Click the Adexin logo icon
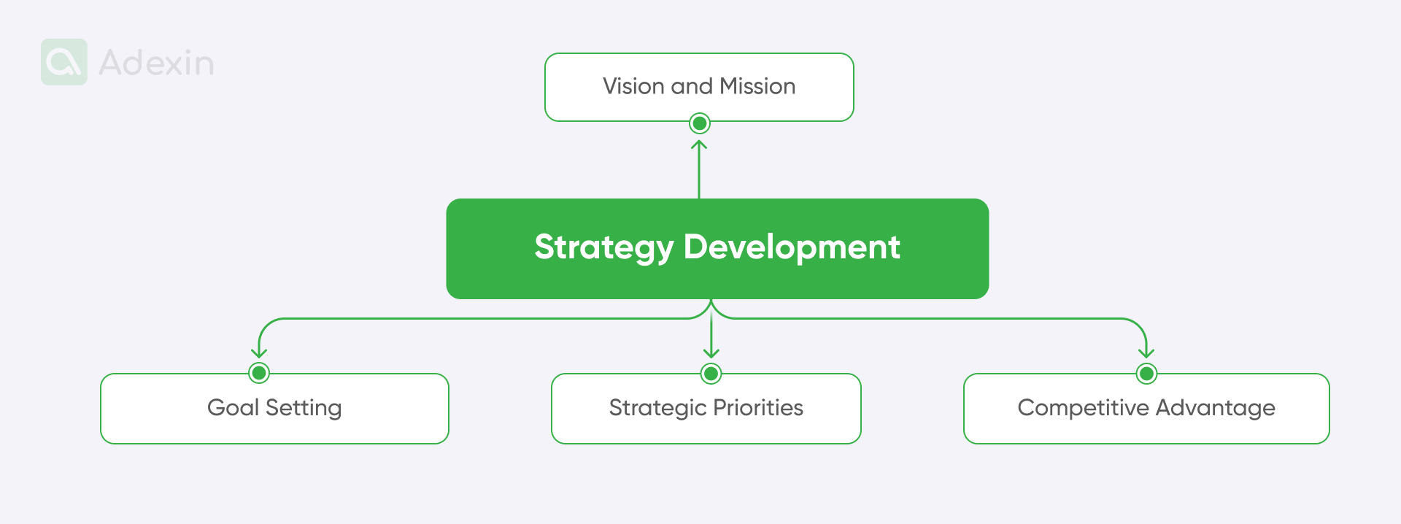[64, 62]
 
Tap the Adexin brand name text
[157, 63]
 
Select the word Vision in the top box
[633, 86]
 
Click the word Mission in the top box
[757, 86]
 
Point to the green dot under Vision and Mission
[699, 123]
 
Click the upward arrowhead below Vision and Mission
[699, 144]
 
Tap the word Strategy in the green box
[603, 247]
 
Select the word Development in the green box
[792, 247]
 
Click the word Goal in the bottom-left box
[233, 407]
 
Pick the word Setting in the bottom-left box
[304, 408]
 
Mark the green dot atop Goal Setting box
[259, 373]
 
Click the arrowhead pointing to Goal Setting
[259, 353]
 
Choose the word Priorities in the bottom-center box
[758, 407]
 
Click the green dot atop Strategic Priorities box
[711, 374]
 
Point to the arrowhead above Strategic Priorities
[711, 354]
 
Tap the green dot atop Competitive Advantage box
[1146, 374]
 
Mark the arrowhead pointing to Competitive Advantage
[1146, 353]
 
